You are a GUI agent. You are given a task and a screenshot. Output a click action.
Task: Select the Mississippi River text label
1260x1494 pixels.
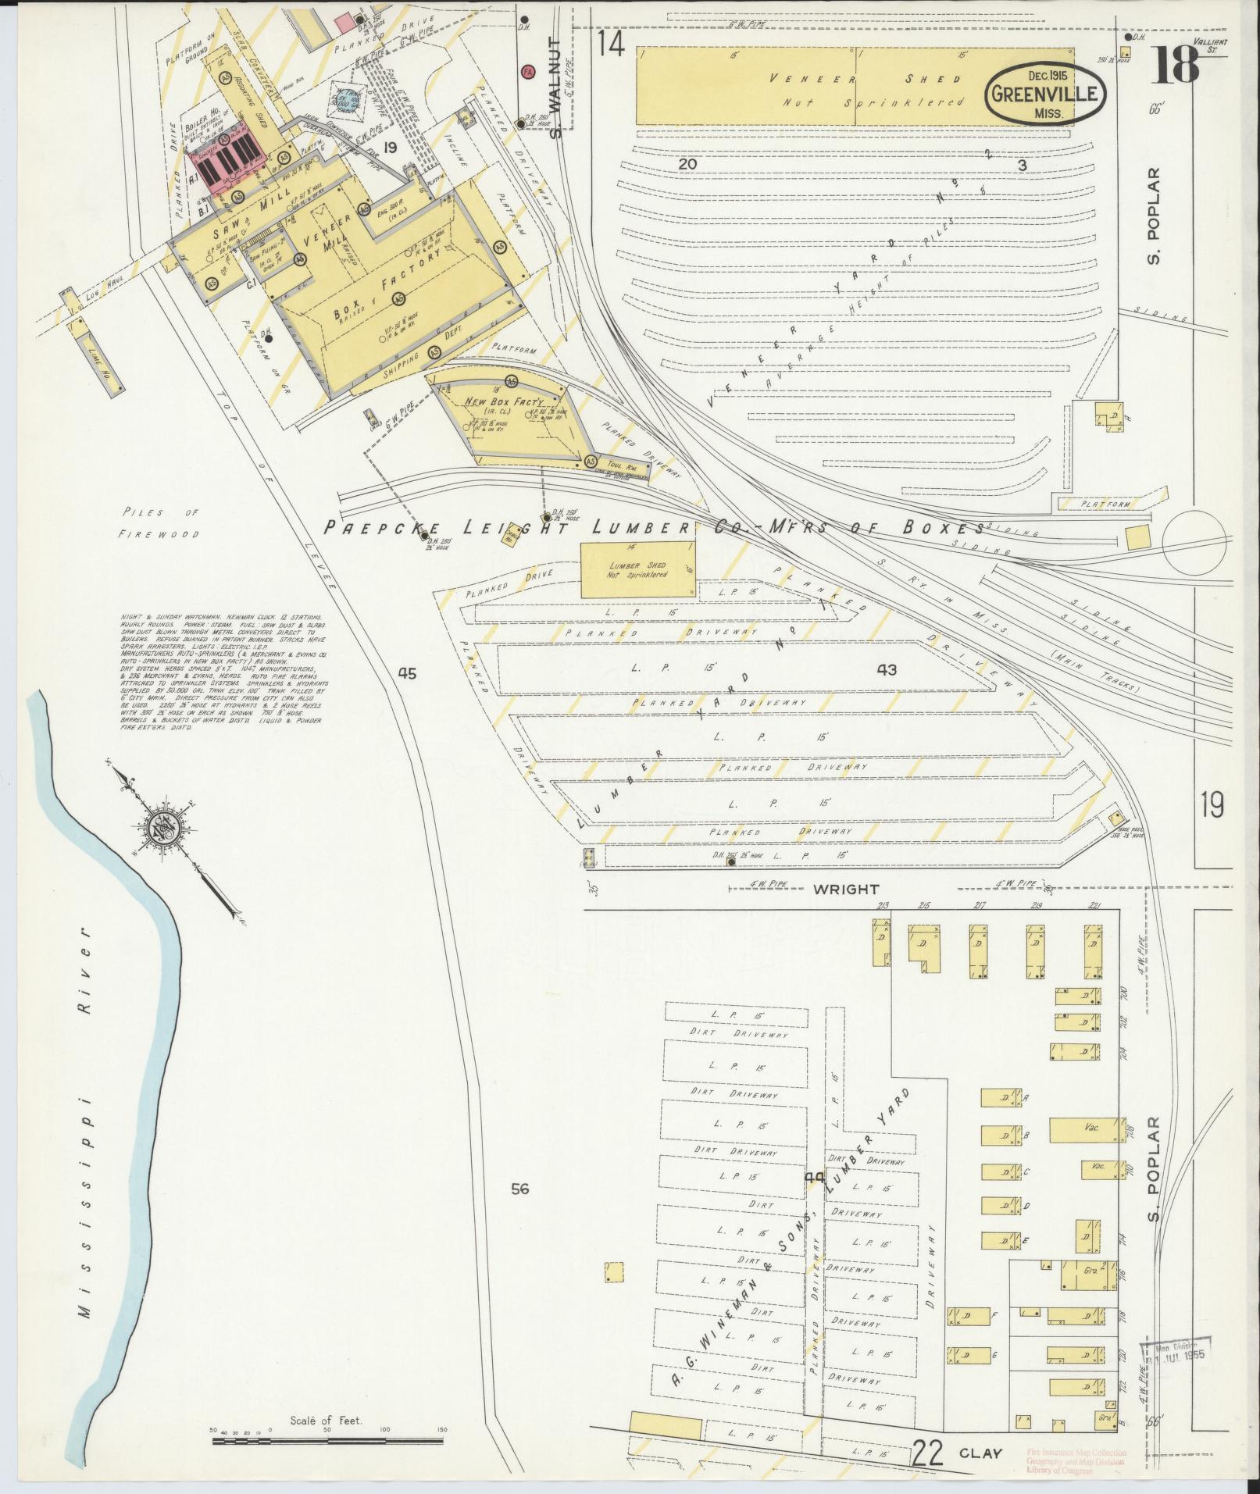84,1086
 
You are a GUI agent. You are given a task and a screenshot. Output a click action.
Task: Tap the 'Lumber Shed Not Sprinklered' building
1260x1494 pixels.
638,569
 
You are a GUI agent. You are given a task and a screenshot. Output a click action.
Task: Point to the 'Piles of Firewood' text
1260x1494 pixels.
160,523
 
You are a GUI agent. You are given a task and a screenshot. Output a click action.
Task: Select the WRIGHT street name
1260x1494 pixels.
846,889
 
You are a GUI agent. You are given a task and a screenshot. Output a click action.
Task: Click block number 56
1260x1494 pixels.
519,1189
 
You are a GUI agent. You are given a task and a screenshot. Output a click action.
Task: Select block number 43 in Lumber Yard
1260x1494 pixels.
887,669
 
